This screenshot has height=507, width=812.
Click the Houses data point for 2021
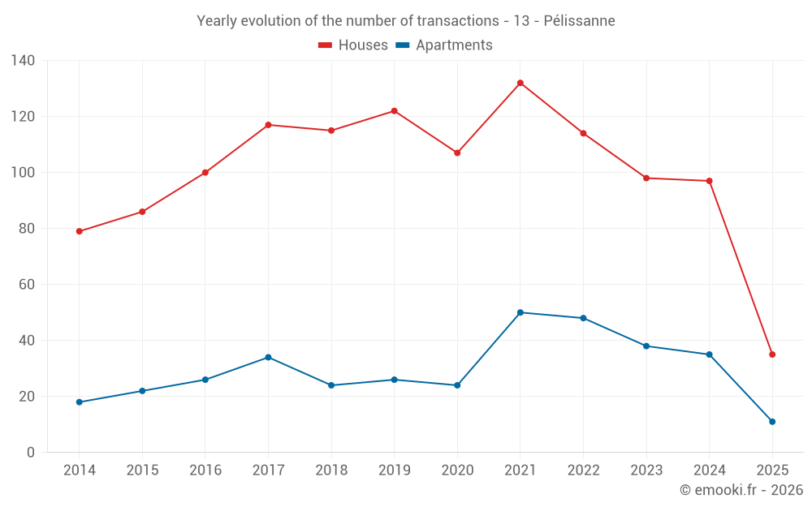pyautogui.click(x=520, y=83)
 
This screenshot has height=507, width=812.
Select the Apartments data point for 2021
pyautogui.click(x=520, y=312)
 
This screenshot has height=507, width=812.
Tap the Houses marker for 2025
pyautogui.click(x=772, y=354)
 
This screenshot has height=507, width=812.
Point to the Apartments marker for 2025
pyautogui.click(x=772, y=422)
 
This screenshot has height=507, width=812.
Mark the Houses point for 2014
pyautogui.click(x=80, y=231)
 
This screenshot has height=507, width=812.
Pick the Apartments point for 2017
pyautogui.click(x=268, y=357)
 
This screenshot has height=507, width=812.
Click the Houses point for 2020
pyautogui.click(x=457, y=153)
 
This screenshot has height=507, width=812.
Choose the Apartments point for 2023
pyautogui.click(x=646, y=346)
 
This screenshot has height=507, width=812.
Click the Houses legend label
pyautogui.click(x=363, y=45)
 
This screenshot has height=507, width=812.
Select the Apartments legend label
pyautogui.click(x=454, y=45)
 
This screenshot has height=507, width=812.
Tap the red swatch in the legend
pyautogui.click(x=326, y=45)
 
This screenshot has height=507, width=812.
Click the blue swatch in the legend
pyautogui.click(x=402, y=45)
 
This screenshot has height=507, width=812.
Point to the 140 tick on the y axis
pyautogui.click(x=24, y=61)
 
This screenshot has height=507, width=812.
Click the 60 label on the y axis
pyautogui.click(x=27, y=285)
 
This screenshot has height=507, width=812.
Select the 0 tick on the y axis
pyautogui.click(x=31, y=453)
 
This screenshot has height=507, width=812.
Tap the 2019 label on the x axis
pyautogui.click(x=395, y=470)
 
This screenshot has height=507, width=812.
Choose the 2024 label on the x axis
pyautogui.click(x=709, y=470)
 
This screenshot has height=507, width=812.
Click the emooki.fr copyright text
pyautogui.click(x=741, y=490)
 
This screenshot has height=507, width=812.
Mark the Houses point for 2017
pyautogui.click(x=268, y=125)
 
